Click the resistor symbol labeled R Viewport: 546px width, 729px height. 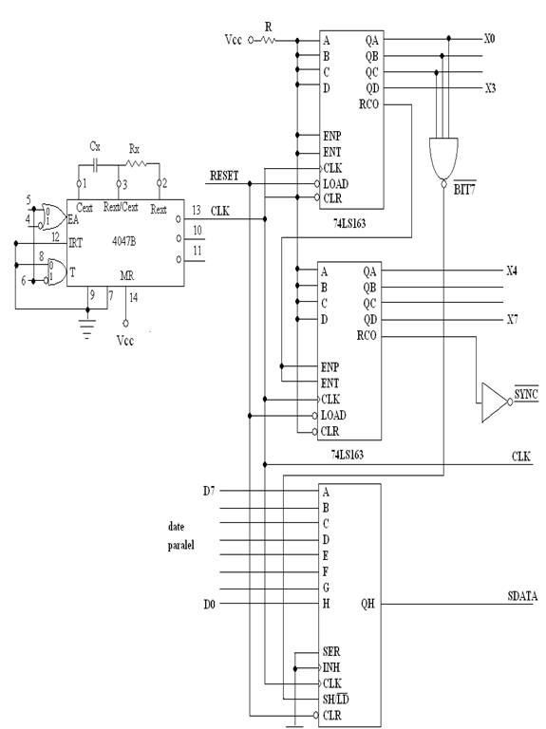pos(269,41)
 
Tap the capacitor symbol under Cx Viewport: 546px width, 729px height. pos(95,164)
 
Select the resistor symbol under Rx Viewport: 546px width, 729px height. pos(136,163)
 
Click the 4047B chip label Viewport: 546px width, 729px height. pos(124,241)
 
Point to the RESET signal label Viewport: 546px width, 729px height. pos(224,176)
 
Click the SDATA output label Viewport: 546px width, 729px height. pos(522,596)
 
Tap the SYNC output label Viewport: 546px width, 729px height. pos(526,394)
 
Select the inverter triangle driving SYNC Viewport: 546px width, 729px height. pos(494,402)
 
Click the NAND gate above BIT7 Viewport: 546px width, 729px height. pos(443,159)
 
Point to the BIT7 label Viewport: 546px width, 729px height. pos(464,189)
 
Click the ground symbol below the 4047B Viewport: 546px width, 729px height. pos(87,327)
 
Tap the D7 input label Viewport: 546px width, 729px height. pos(209,491)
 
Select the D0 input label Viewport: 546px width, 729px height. pos(209,604)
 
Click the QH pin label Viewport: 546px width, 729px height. pos(367,604)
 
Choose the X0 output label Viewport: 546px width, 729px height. pos(489,39)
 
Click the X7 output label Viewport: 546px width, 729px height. pos(512,319)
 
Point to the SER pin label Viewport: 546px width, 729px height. pos(331,651)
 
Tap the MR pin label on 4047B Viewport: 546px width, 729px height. pos(127,275)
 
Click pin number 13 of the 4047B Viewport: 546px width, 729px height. pos(197,210)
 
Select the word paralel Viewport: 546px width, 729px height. pos(181,545)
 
